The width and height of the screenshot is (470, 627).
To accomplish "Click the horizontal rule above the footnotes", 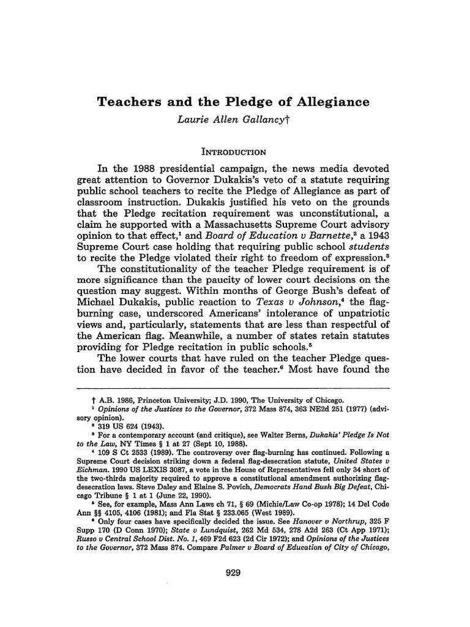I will tap(234, 388).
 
